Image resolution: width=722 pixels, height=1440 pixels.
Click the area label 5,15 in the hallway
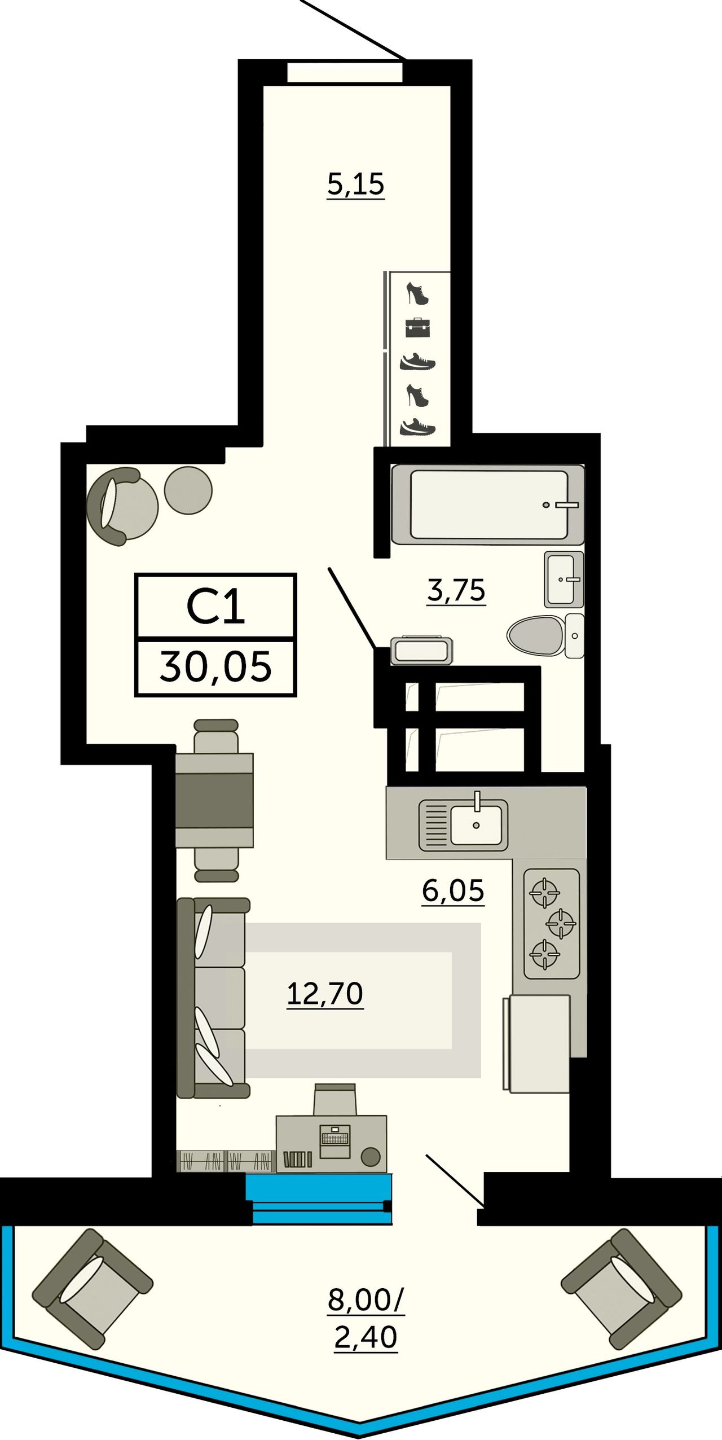(356, 185)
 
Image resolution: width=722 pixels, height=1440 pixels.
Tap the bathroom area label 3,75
(456, 590)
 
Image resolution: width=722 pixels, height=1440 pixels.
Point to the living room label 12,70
(325, 994)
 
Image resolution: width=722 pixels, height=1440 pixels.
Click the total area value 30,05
(215, 667)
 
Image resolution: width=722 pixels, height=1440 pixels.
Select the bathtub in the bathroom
(488, 504)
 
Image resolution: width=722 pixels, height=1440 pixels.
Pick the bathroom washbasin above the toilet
(563, 579)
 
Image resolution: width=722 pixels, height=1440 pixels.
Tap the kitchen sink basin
(476, 825)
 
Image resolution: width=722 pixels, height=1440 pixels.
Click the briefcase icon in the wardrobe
(417, 327)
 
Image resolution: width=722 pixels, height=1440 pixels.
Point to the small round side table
(188, 490)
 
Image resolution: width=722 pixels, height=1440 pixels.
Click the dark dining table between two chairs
(214, 801)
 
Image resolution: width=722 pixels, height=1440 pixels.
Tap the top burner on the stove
(544, 893)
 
